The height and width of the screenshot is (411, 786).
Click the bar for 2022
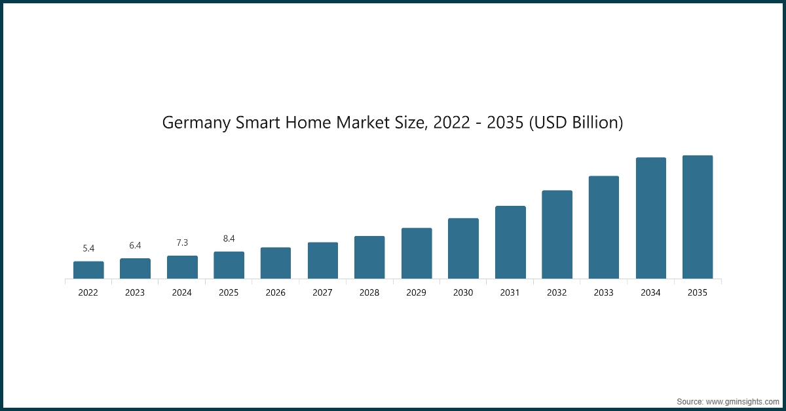pos(88,270)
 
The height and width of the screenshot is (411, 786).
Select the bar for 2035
pos(698,217)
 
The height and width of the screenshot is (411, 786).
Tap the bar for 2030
pos(463,248)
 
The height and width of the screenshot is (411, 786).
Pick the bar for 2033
pos(604,227)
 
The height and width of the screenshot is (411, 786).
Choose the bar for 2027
pos(323,260)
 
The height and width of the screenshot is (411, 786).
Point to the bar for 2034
pos(651,218)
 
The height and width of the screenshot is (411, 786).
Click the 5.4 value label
pos(88,248)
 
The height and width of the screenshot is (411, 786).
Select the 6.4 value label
pos(135,245)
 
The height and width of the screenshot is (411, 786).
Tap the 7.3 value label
pos(182,243)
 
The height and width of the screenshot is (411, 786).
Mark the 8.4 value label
pos(229,239)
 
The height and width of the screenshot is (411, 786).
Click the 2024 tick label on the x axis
pos(182,293)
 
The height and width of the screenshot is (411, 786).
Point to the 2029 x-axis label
pos(416,293)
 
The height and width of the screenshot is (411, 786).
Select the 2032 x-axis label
pos(557,293)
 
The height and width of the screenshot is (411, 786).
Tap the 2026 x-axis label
pos(276,293)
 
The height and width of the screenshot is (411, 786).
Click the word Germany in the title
pos(195,123)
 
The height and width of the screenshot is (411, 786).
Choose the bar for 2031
pos(510,243)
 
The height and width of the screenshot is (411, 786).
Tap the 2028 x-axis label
pos(369,293)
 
